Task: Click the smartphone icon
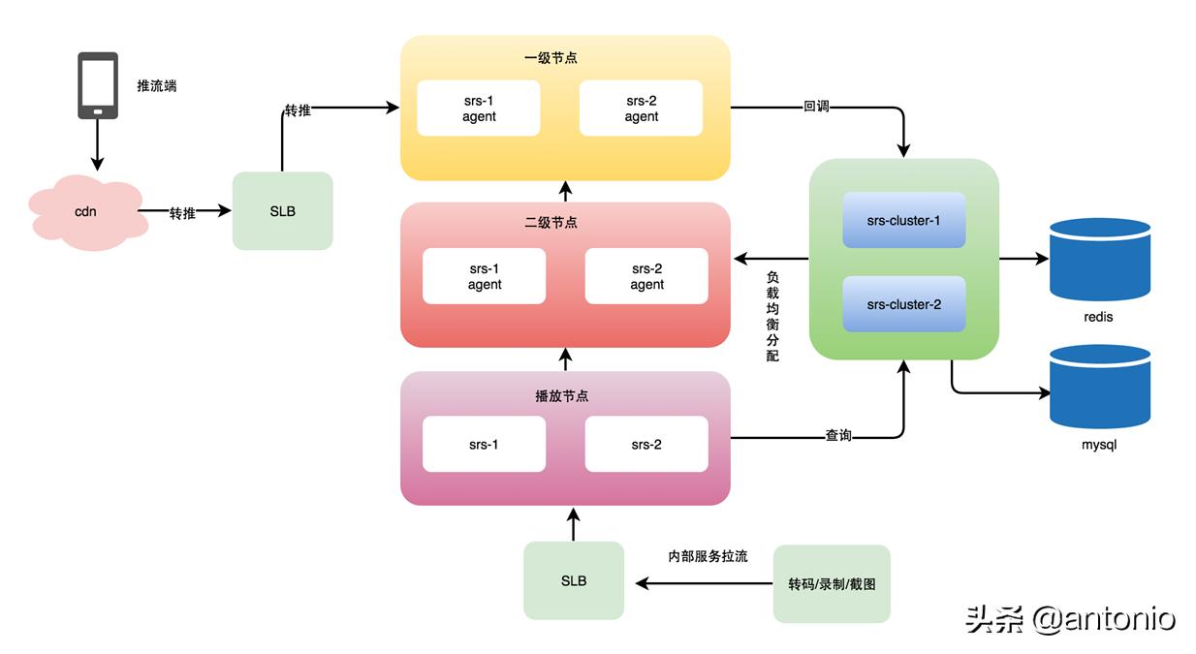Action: [x=98, y=85]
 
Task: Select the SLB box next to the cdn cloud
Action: [x=282, y=211]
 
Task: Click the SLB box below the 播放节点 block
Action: [x=573, y=580]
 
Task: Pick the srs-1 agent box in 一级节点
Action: [x=478, y=109]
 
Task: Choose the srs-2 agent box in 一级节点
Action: [x=641, y=109]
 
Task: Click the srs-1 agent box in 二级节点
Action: [x=484, y=276]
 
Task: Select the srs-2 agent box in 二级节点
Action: [x=646, y=276]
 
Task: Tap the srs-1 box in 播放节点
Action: [x=484, y=445]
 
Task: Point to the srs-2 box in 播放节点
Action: [x=646, y=445]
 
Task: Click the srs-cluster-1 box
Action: [x=903, y=220]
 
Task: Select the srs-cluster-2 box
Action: [x=903, y=304]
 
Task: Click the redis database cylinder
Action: [x=1099, y=260]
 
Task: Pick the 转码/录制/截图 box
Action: [x=831, y=584]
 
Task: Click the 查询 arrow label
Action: [x=838, y=437]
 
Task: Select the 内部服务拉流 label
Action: [x=708, y=557]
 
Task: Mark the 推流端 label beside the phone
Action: [x=157, y=86]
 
